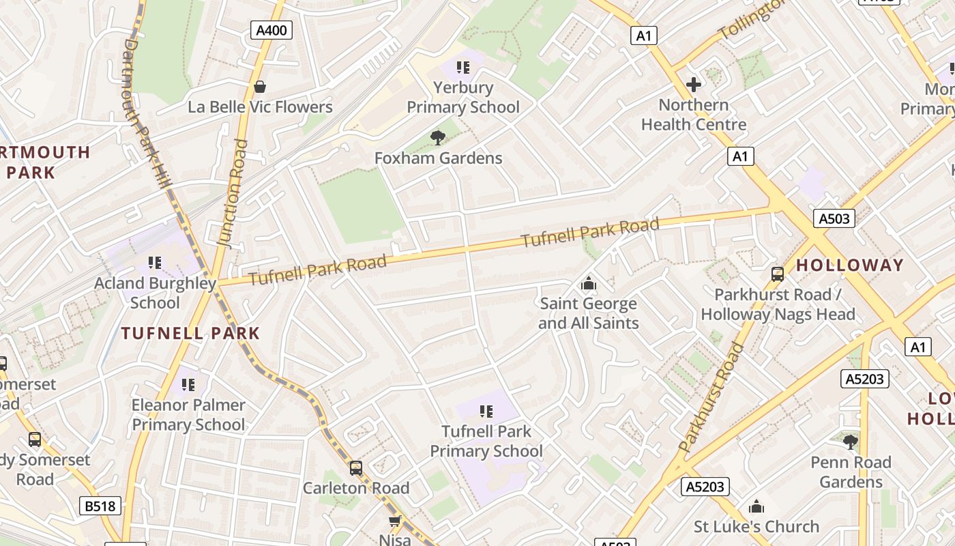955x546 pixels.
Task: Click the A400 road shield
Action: pos(272,30)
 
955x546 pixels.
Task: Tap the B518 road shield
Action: pos(101,506)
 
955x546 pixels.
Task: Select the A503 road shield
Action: pos(834,218)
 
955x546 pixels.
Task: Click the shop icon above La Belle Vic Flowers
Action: pos(259,87)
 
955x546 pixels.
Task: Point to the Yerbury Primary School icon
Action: pos(463,68)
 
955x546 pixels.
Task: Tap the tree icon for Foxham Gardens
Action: pos(438,138)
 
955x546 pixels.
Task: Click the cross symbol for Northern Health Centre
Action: pos(694,85)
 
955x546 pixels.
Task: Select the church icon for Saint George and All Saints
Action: pos(588,283)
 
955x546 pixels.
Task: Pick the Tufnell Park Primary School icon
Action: pos(486,411)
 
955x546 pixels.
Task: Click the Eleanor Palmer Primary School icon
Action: pos(188,385)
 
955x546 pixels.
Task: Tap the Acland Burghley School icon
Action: pos(155,263)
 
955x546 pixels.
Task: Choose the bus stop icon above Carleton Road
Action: pos(355,468)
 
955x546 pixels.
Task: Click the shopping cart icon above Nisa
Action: pos(394,521)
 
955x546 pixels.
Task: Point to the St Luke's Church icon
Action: pos(756,506)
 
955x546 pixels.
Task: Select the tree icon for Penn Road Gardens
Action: pos(850,442)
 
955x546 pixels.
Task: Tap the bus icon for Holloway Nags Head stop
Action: pos(777,274)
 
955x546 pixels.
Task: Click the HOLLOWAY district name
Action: pos(849,265)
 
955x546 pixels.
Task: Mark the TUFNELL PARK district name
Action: pos(190,334)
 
